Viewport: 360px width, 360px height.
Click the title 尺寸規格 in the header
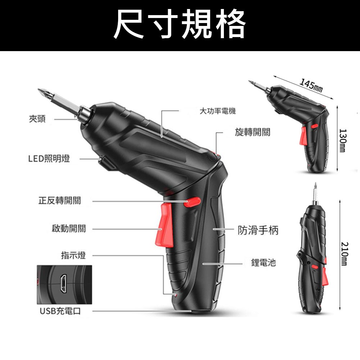pyautogui.click(x=180, y=25)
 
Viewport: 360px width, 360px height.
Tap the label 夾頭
pyautogui.click(x=37, y=119)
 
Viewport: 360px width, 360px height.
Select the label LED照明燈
pyautogui.click(x=49, y=158)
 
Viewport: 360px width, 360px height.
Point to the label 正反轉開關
pyautogui.click(x=60, y=201)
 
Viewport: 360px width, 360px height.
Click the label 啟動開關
pyautogui.click(x=68, y=228)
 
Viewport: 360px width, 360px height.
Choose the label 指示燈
pyautogui.click(x=73, y=255)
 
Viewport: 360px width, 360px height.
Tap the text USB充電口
pyautogui.click(x=60, y=311)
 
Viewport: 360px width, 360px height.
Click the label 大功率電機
pyautogui.click(x=217, y=111)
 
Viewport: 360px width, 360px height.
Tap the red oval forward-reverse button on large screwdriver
pyautogui.click(x=192, y=202)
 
